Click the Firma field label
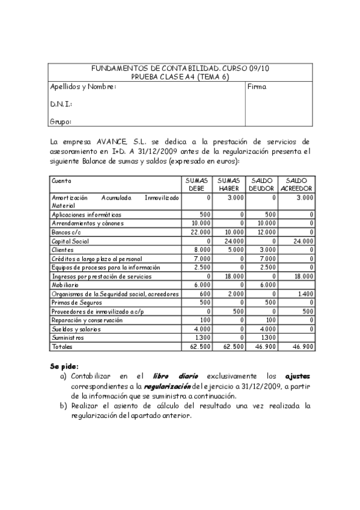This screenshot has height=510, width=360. (257, 87)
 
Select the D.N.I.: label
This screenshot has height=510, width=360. (61, 104)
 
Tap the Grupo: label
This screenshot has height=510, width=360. (61, 121)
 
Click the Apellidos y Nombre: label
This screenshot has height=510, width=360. (82, 87)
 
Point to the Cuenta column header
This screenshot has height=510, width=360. (62, 180)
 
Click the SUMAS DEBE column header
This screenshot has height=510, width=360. (197, 184)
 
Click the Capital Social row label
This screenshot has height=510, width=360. (70, 241)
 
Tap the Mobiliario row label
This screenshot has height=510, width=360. (65, 284)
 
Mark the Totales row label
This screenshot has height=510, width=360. (61, 346)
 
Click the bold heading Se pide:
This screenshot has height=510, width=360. (64, 366)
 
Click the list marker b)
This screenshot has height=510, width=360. (63, 406)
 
